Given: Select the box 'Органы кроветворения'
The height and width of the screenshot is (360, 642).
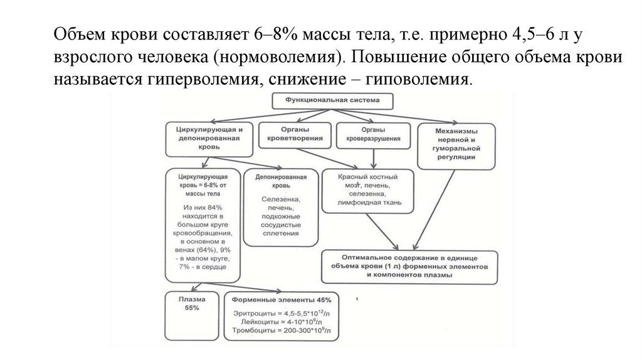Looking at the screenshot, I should [294, 133].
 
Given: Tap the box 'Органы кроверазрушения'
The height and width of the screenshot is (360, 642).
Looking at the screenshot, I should [368, 133].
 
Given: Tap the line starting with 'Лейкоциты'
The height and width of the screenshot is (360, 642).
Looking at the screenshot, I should [282, 320].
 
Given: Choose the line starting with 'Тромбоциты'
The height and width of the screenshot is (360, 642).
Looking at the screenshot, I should [282, 330].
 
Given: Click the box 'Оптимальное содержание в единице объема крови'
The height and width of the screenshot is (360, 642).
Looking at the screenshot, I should [409, 267].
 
